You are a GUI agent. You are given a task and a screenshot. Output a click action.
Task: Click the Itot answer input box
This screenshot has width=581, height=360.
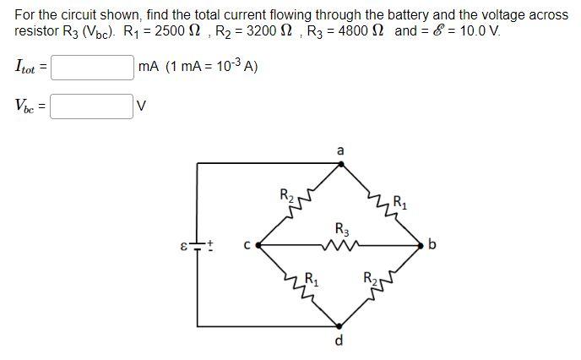click(x=92, y=68)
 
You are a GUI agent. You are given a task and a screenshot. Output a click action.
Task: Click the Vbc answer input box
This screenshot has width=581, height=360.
click(x=92, y=106)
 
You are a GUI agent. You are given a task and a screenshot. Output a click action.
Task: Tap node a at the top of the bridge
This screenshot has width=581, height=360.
click(x=340, y=164)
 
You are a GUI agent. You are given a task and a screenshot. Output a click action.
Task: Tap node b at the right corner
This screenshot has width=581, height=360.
click(x=421, y=245)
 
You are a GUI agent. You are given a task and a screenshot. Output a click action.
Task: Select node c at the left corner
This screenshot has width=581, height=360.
click(x=258, y=245)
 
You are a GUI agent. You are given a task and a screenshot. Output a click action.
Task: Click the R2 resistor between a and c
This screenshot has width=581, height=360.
click(x=300, y=203)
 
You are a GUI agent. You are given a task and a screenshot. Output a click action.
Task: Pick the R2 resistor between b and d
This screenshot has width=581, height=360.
click(x=381, y=286)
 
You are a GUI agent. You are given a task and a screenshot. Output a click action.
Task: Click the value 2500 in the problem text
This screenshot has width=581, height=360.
click(x=171, y=31)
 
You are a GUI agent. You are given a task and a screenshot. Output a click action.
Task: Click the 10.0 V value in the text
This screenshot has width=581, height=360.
click(x=481, y=31)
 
